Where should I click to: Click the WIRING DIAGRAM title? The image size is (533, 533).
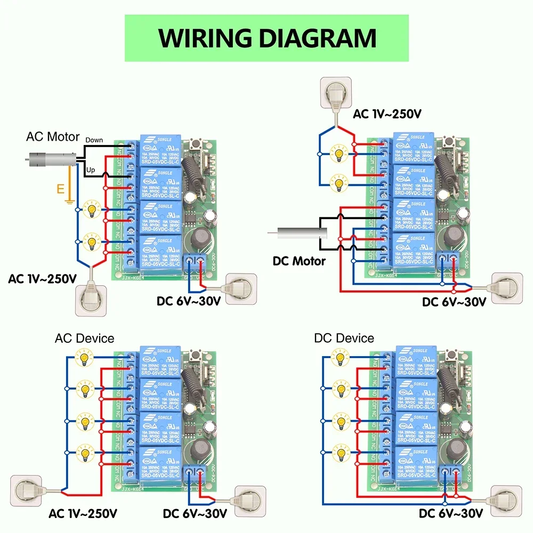tap(267, 38)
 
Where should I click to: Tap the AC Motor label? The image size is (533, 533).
tap(53, 137)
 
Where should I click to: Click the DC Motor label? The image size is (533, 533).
tap(298, 261)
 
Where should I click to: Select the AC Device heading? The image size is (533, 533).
tap(84, 338)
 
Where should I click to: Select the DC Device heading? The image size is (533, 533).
tap(344, 338)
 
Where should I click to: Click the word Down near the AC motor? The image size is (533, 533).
tap(94, 140)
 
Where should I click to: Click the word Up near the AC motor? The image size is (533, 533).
tap(91, 169)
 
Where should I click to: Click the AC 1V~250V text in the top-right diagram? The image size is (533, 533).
tap(387, 114)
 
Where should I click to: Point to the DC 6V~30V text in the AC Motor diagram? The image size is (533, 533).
tap(189, 301)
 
